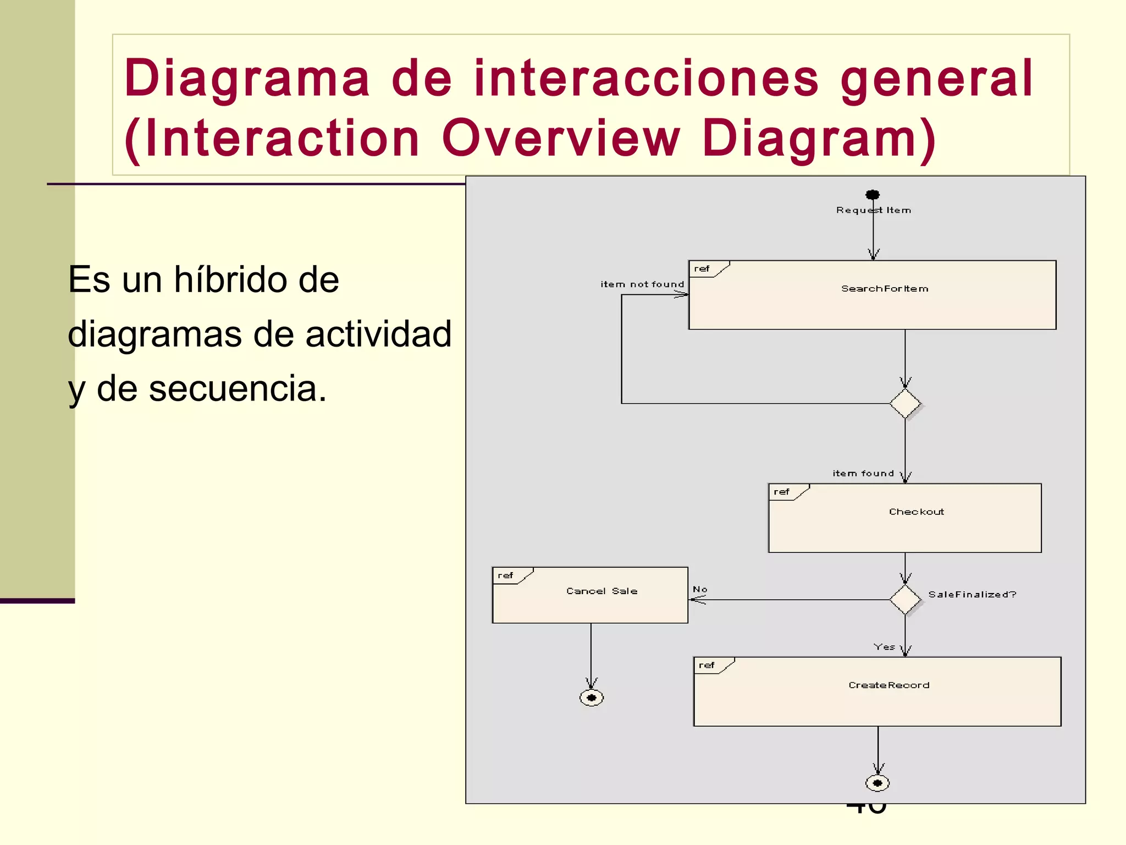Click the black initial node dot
(x=873, y=195)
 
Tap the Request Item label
(x=874, y=210)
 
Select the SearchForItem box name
(x=885, y=289)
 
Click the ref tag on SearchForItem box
(x=702, y=269)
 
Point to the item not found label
(x=642, y=284)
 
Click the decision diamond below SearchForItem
(x=905, y=404)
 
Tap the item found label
(x=863, y=474)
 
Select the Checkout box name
(x=917, y=512)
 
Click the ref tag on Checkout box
(x=781, y=492)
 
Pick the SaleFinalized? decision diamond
(x=905, y=600)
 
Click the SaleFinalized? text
(x=972, y=595)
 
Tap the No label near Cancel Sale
(x=700, y=589)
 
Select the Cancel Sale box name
(x=602, y=591)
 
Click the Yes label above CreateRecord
(x=885, y=647)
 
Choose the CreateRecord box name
(x=889, y=685)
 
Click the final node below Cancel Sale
(x=592, y=698)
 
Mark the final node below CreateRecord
(x=877, y=783)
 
